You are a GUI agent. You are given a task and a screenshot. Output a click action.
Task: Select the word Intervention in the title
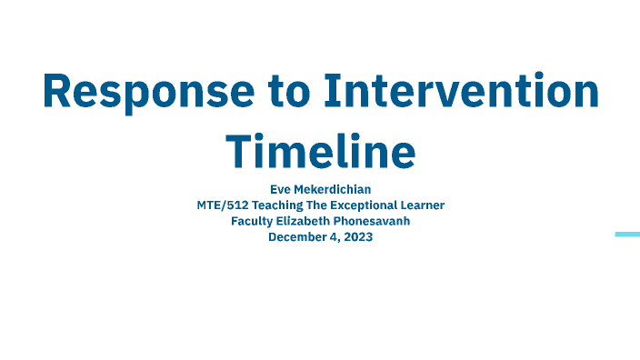point(463,91)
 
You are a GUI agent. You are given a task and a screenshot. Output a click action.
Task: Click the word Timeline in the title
point(320,149)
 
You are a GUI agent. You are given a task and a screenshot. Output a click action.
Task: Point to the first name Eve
point(281,190)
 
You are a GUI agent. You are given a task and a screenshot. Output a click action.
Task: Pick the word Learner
point(423,205)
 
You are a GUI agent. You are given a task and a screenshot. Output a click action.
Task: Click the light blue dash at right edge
point(627,235)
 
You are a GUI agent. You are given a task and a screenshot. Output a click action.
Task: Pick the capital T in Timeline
point(240,149)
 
